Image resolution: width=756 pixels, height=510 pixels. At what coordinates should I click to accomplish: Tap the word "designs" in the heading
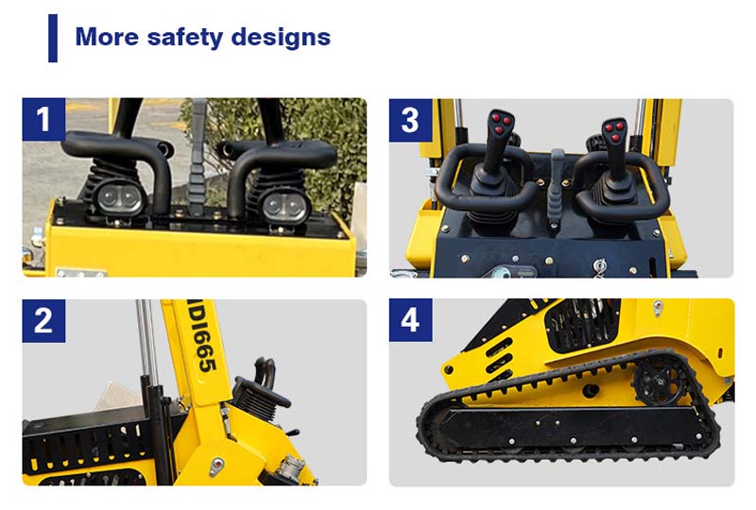(283, 38)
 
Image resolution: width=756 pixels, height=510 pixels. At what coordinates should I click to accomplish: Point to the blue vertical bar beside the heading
(53, 39)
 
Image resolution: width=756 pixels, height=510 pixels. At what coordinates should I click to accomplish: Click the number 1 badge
(43, 120)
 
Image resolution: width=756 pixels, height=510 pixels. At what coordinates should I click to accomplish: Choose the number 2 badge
(43, 321)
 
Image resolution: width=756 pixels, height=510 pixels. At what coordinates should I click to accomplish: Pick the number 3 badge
(410, 120)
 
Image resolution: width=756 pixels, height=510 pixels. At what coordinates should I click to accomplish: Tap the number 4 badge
(410, 321)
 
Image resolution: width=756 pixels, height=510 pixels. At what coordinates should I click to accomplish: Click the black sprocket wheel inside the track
(654, 381)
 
